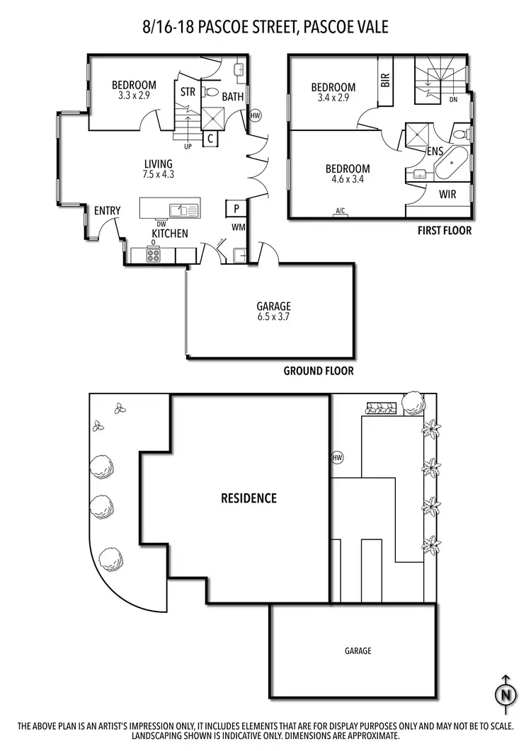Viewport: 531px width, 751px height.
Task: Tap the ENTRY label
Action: point(107,211)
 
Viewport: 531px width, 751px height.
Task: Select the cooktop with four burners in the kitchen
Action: point(154,256)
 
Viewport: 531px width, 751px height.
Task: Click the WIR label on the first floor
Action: point(447,193)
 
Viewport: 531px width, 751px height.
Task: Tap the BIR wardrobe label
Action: point(385,79)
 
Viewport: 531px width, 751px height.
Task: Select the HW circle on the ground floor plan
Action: point(256,115)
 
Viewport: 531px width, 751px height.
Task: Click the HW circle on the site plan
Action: point(337,458)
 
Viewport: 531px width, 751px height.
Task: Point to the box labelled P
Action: point(234,208)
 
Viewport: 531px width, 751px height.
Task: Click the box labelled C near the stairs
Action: point(210,139)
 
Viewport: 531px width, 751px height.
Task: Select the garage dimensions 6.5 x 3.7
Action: point(274,317)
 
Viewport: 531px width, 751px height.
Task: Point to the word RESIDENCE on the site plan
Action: point(249,498)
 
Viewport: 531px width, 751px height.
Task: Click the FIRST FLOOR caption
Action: point(444,231)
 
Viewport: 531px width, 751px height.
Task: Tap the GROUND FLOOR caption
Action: point(318,370)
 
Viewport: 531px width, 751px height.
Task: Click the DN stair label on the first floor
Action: point(453,100)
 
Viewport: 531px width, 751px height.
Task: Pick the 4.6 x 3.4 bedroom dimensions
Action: point(348,180)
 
